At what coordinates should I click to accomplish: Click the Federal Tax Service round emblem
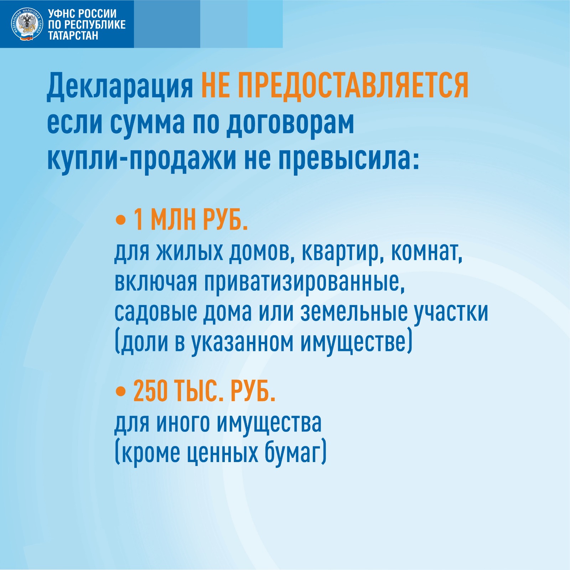tap(27, 24)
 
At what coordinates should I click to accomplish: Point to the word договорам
tap(290, 123)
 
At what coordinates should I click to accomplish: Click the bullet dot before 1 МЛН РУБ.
tap(121, 220)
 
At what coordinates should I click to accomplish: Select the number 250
tap(150, 391)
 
